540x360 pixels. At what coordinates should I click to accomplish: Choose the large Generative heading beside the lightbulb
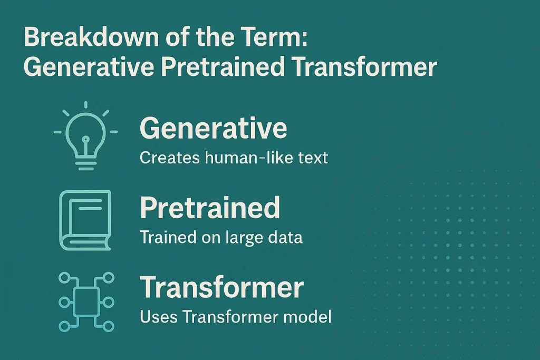[213, 128]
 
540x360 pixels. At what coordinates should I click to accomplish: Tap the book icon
[85, 220]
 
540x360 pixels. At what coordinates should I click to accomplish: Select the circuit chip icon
[85, 301]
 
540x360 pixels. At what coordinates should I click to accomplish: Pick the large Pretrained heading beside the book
[210, 208]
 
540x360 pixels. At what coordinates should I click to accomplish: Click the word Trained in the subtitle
[164, 237]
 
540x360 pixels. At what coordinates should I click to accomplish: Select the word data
[285, 237]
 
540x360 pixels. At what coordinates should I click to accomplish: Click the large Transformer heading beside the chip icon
[221, 288]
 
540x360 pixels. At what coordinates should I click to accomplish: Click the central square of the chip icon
[85, 302]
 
